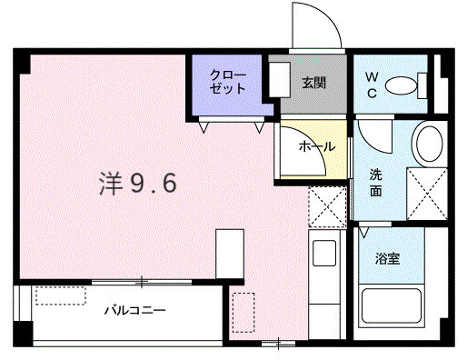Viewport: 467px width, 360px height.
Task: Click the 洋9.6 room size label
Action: [138, 184]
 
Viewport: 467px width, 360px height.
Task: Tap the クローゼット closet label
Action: [228, 82]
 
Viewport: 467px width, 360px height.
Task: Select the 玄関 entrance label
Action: [313, 83]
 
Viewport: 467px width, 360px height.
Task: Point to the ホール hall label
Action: [317, 146]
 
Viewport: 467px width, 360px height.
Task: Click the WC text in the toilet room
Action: [372, 85]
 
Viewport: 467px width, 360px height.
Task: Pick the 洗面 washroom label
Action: [375, 183]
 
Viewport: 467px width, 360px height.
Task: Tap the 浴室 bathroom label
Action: [387, 258]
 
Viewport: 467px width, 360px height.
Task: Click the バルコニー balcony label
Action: [134, 311]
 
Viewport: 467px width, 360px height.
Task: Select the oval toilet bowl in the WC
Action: [401, 85]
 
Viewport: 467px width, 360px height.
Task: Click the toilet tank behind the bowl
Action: [422, 85]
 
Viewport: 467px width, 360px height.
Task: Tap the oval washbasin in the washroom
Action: [430, 144]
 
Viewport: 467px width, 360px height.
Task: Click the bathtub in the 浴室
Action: [391, 305]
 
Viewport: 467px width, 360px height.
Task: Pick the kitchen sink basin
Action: [324, 254]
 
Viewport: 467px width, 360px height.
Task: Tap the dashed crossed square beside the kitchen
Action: [327, 207]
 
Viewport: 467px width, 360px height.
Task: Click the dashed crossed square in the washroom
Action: [427, 194]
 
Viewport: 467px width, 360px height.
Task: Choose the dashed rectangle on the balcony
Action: [61, 295]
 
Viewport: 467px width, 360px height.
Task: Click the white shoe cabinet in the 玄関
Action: [280, 80]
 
